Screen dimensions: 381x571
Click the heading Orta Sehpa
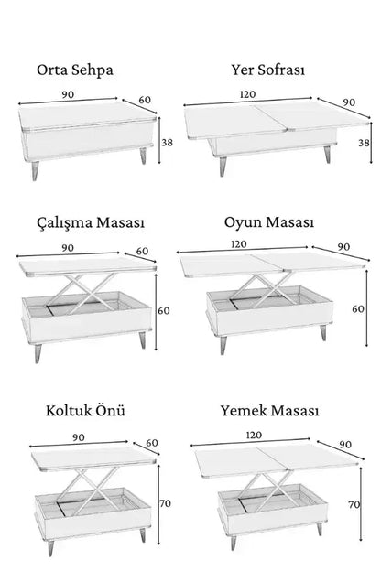(x=75, y=70)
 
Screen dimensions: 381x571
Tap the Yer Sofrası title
(x=268, y=70)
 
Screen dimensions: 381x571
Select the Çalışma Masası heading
(x=91, y=222)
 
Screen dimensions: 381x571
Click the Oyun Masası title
(x=269, y=222)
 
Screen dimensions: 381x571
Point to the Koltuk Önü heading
(x=85, y=410)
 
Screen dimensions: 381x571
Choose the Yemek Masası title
(x=269, y=410)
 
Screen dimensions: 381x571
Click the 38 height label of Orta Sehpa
(x=167, y=143)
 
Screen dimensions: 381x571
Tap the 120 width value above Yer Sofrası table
(x=248, y=94)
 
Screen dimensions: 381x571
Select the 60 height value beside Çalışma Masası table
(x=164, y=310)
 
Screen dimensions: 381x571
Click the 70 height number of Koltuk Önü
(x=165, y=503)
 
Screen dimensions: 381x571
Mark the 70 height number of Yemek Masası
(x=354, y=505)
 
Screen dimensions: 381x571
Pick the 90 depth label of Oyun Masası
(x=343, y=247)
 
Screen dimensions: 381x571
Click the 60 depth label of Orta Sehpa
(x=145, y=100)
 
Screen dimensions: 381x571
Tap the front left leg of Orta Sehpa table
(x=35, y=170)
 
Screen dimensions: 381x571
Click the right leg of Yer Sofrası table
(x=327, y=154)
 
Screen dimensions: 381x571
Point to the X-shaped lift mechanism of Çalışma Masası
(x=82, y=294)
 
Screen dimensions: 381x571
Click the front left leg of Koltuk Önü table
(x=51, y=547)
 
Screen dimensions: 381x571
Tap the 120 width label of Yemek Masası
(x=254, y=436)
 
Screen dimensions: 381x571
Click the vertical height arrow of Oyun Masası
(x=366, y=308)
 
